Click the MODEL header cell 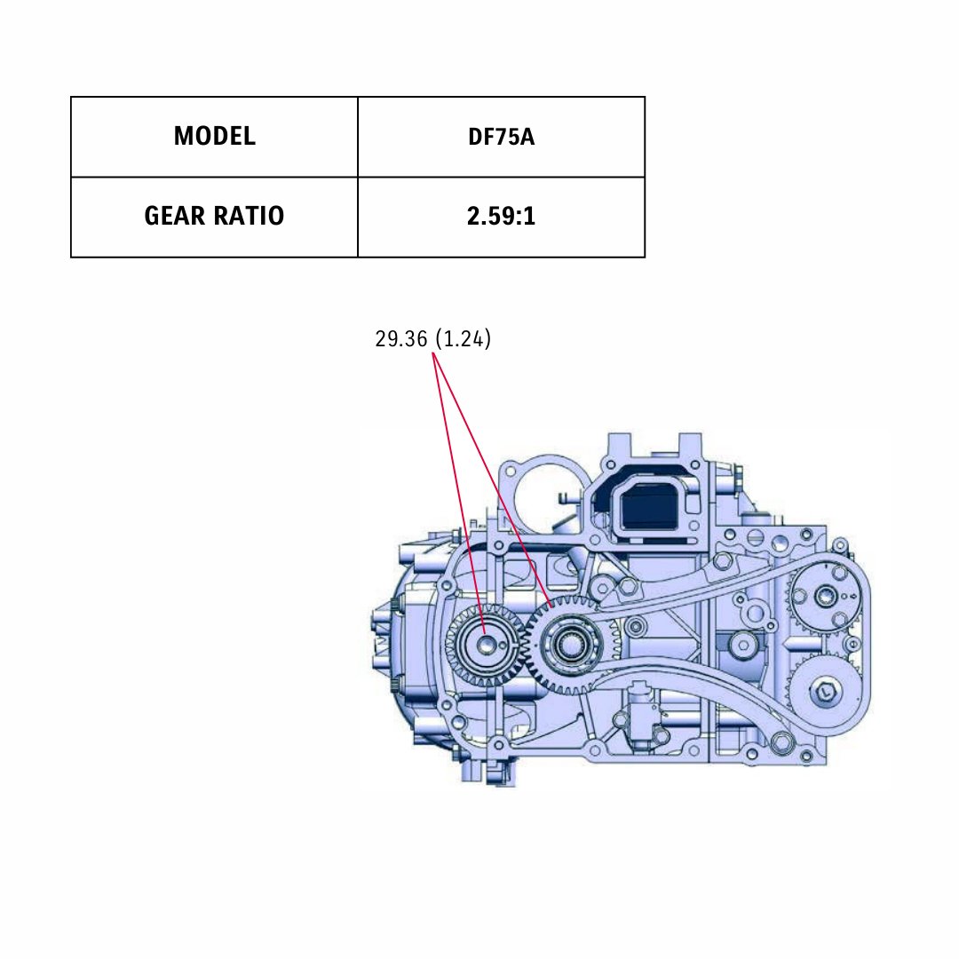214,137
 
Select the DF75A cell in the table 501,137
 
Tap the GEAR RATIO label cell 214,217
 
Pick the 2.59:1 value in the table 501,217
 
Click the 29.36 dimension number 400,339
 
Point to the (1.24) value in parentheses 463,339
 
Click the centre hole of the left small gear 487,644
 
